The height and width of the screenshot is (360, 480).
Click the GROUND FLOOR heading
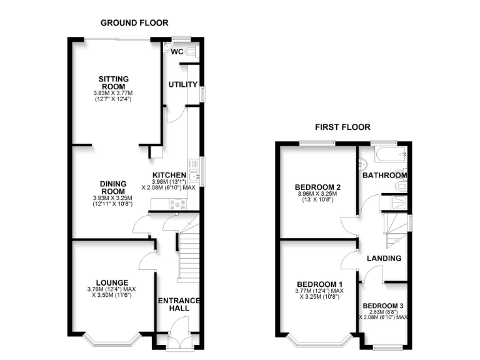[x=134, y=22]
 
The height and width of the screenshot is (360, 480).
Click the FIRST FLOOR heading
[x=342, y=127]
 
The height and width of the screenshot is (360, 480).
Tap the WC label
[x=177, y=52]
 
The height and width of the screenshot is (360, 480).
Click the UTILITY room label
[x=183, y=84]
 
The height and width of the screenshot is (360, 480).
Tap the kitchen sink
[x=192, y=168]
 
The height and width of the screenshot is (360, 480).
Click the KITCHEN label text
[x=170, y=175]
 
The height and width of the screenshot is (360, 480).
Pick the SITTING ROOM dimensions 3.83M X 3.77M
[x=113, y=93]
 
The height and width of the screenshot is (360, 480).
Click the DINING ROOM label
[x=113, y=187]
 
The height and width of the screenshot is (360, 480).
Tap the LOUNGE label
[x=112, y=282]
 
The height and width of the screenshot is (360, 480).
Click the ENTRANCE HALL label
[x=178, y=306]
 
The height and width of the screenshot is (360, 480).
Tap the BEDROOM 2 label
[x=318, y=187]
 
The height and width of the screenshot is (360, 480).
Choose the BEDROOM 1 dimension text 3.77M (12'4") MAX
[x=318, y=291]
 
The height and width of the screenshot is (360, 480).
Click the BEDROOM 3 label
[x=384, y=306]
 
